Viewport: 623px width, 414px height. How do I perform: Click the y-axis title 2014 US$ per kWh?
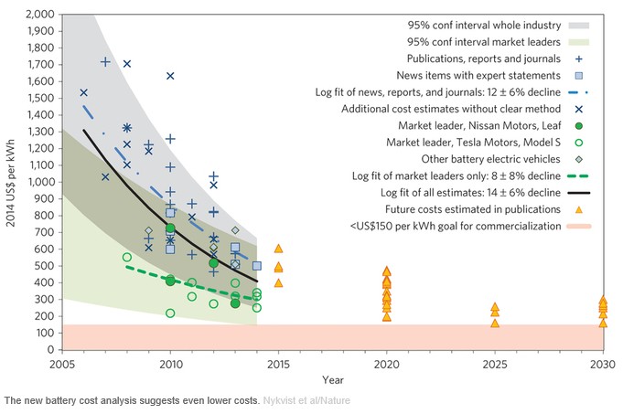[11, 183]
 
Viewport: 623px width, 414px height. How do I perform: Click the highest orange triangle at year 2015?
[278, 248]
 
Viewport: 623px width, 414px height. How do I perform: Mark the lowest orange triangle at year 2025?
[495, 323]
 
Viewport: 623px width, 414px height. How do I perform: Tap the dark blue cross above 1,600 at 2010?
[170, 76]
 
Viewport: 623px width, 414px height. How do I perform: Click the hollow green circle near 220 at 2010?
[170, 313]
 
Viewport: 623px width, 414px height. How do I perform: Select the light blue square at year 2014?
[257, 266]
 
